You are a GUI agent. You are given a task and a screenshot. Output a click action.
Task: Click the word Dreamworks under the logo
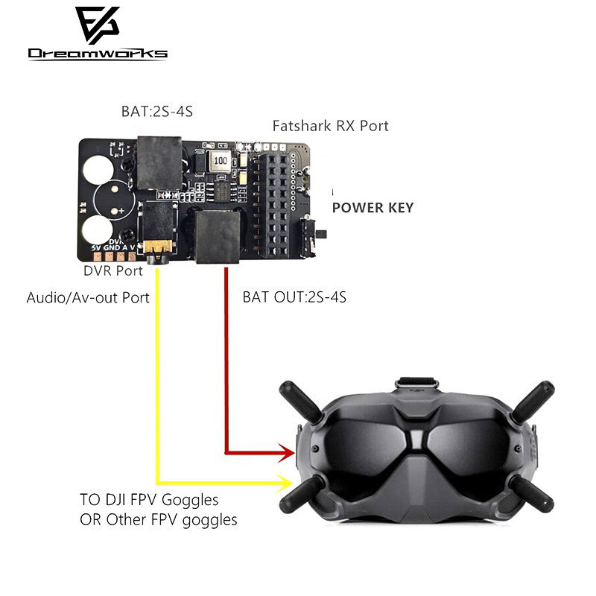click(98, 54)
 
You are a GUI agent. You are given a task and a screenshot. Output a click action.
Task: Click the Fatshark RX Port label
click(330, 126)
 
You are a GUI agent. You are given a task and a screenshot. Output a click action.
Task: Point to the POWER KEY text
click(372, 208)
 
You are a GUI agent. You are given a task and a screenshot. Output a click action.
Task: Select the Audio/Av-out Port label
click(88, 297)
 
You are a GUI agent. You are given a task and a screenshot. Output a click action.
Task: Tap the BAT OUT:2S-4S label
click(294, 297)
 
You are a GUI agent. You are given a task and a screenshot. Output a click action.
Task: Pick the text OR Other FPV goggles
click(158, 519)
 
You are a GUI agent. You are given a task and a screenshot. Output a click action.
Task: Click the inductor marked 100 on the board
click(220, 160)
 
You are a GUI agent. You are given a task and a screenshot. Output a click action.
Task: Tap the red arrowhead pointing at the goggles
click(286, 451)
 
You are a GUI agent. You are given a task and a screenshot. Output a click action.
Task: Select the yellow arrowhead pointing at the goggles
click(285, 483)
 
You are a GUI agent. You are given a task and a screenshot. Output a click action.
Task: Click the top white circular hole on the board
click(102, 168)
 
